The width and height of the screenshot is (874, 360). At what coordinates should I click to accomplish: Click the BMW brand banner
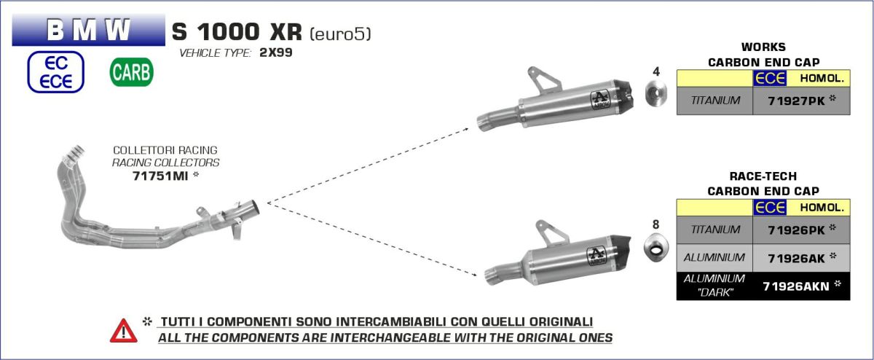[x=89, y=30]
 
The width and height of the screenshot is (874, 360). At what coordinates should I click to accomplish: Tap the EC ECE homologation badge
[x=56, y=72]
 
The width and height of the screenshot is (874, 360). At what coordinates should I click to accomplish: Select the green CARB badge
[x=132, y=72]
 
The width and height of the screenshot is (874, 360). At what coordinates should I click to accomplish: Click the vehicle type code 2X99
[x=276, y=52]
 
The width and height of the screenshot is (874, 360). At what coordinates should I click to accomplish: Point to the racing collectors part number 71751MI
[x=160, y=176]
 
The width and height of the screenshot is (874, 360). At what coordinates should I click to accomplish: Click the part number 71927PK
[x=796, y=101]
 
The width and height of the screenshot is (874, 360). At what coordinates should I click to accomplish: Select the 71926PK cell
[x=801, y=230]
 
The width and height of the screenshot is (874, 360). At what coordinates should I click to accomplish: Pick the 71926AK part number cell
[x=801, y=258]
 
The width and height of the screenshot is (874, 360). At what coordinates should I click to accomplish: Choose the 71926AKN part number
[x=796, y=286]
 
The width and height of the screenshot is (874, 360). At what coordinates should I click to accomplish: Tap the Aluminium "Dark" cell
[x=714, y=286]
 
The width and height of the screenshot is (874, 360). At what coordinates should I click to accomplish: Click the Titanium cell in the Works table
[x=714, y=101]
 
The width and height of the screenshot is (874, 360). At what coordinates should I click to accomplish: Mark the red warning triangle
[x=124, y=331]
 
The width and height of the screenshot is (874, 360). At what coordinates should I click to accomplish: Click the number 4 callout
[x=656, y=71]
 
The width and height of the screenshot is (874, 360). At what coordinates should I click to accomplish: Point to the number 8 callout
[x=656, y=224]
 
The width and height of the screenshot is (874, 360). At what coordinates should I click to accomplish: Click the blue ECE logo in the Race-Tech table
[x=769, y=208]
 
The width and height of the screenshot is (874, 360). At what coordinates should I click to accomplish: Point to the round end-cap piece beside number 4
[x=656, y=93]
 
